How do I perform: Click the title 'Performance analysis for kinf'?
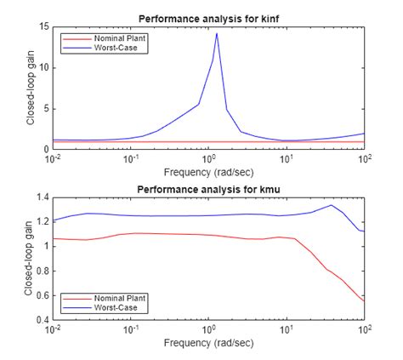click(209, 18)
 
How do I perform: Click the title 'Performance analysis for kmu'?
click(209, 188)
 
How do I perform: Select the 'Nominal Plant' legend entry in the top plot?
click(105, 38)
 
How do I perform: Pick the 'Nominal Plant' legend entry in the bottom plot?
click(105, 298)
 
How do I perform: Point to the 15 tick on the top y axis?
click(43, 27)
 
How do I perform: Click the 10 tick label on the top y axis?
click(43, 68)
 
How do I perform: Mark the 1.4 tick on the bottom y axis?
click(42, 197)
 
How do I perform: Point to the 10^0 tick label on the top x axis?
click(209, 157)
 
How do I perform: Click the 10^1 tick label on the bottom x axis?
click(287, 328)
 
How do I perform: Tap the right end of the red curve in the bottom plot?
click(365, 301)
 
